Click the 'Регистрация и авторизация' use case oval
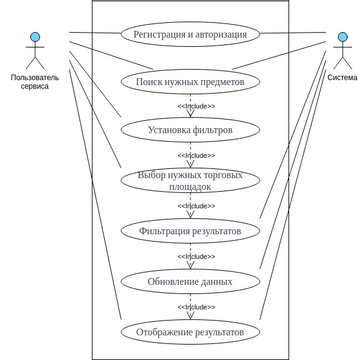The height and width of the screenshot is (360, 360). [190, 33]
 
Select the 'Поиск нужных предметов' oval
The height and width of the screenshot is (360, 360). [190, 81]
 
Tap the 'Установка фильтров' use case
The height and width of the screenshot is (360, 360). [190, 130]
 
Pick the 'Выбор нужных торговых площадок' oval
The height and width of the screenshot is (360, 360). [190, 180]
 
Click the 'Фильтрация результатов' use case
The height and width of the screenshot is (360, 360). [190, 231]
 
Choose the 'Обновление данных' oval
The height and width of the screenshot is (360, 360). [190, 281]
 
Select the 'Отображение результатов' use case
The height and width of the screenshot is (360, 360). [190, 331]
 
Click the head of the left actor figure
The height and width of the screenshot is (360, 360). [35, 38]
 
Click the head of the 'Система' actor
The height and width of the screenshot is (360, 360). [342, 38]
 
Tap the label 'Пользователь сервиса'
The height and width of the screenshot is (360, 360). [35, 81]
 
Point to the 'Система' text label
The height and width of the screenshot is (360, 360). [342, 76]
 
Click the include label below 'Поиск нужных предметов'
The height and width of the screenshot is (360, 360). [196, 106]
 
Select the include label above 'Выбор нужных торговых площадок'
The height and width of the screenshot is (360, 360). [196, 156]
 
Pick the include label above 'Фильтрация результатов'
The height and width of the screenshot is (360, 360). [196, 206]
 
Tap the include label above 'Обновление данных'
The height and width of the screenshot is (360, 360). [196, 257]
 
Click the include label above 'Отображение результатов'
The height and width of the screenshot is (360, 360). [196, 307]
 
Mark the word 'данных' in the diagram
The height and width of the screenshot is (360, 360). [214, 281]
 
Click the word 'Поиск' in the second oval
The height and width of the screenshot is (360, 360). [153, 81]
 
